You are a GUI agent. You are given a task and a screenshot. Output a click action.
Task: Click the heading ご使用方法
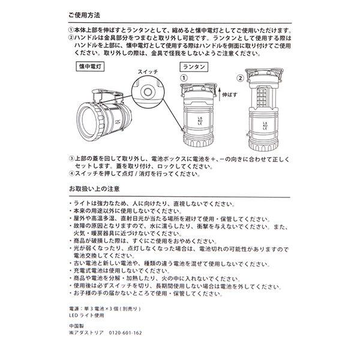tap(84, 16)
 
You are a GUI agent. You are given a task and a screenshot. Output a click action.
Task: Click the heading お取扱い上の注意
tap(94, 189)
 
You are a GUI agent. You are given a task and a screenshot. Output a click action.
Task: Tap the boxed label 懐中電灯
tap(90, 67)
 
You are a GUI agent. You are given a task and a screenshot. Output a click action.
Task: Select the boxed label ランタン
tap(194, 67)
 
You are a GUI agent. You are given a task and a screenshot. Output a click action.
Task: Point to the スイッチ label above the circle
tap(148, 71)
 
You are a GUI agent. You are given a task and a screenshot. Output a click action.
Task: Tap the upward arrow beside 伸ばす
tap(219, 95)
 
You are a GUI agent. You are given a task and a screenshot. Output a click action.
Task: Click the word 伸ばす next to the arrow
tap(230, 95)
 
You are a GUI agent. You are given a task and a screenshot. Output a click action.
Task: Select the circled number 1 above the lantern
tap(184, 78)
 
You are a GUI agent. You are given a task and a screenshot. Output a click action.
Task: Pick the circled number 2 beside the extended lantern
tap(240, 78)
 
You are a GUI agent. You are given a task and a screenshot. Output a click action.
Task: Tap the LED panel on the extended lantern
tap(262, 98)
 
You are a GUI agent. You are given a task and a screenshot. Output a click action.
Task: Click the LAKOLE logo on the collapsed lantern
tap(200, 121)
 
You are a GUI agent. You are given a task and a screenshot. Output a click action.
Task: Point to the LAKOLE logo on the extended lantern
tap(265, 126)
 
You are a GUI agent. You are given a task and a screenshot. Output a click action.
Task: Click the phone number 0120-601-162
tap(125, 332)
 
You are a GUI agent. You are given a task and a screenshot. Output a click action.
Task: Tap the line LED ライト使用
tap(87, 316)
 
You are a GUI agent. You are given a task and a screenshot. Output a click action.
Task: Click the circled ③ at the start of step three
tap(72, 158)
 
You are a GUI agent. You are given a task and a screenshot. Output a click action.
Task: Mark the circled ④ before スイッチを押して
tap(72, 173)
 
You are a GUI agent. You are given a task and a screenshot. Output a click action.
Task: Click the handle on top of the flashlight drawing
tap(107, 93)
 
